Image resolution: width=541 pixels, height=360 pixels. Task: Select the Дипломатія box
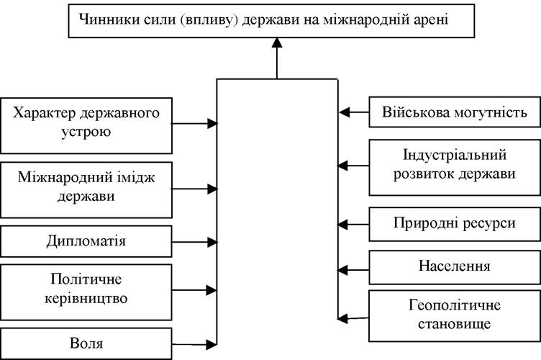[x=86, y=241]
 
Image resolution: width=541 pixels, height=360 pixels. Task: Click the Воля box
[x=86, y=343]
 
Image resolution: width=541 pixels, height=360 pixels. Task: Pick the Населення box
[x=455, y=268]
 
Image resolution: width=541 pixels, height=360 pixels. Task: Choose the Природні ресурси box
[x=455, y=224]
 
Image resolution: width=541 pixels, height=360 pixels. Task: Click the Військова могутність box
[x=455, y=112]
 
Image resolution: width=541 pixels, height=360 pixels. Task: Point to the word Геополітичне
[x=455, y=306]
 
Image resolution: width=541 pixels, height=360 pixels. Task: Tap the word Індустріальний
[x=455, y=155]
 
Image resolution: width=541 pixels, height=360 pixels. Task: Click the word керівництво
[x=86, y=299]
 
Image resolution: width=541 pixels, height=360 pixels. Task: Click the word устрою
[x=86, y=132]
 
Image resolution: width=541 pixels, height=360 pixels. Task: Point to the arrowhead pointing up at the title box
[x=277, y=42]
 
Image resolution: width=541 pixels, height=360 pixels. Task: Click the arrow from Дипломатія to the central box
[x=194, y=243]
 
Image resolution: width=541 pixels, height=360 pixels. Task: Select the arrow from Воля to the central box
[x=194, y=344]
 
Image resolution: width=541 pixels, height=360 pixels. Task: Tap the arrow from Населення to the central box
[x=353, y=270]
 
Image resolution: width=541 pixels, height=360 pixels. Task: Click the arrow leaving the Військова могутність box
[x=354, y=112]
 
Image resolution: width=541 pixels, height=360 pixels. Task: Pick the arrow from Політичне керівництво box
[x=194, y=290]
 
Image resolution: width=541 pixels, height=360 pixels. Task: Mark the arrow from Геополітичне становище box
[x=353, y=318]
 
